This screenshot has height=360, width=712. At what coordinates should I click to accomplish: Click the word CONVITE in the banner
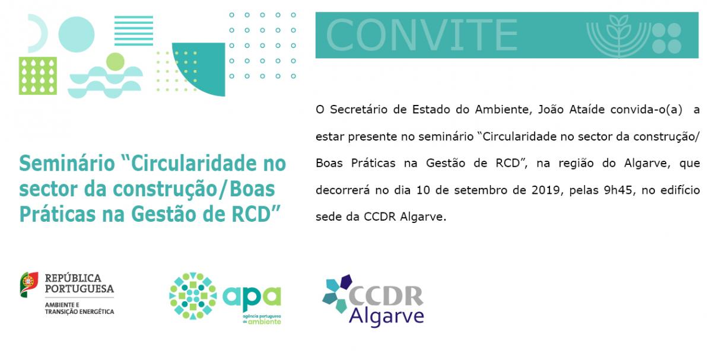pyautogui.click(x=422, y=35)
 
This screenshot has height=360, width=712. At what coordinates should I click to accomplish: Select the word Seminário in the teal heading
pyautogui.click(x=67, y=163)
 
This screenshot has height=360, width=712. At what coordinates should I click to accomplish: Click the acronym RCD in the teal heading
pyautogui.click(x=251, y=214)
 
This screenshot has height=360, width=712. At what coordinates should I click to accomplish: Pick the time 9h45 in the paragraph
pyautogui.click(x=618, y=190)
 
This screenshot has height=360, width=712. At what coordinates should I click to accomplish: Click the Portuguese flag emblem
pyautogui.click(x=29, y=284)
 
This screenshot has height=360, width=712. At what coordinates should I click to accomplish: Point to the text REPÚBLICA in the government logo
pyautogui.click(x=73, y=278)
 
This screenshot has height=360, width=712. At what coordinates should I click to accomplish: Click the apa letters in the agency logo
pyautogui.click(x=252, y=297)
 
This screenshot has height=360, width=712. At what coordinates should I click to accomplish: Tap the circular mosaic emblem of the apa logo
pyautogui.click(x=193, y=296)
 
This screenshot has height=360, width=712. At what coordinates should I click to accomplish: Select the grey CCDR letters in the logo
pyautogui.click(x=386, y=296)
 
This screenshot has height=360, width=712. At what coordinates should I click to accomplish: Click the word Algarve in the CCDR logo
pyautogui.click(x=386, y=316)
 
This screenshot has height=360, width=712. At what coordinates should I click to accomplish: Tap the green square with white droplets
pyautogui.click(x=38, y=76)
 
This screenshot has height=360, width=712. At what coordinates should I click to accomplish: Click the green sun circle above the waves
pyautogui.click(x=115, y=62)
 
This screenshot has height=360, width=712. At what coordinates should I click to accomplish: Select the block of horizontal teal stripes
pyautogui.click(x=133, y=30)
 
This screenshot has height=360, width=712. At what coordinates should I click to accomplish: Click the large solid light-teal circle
pyautogui.click(x=77, y=34)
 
